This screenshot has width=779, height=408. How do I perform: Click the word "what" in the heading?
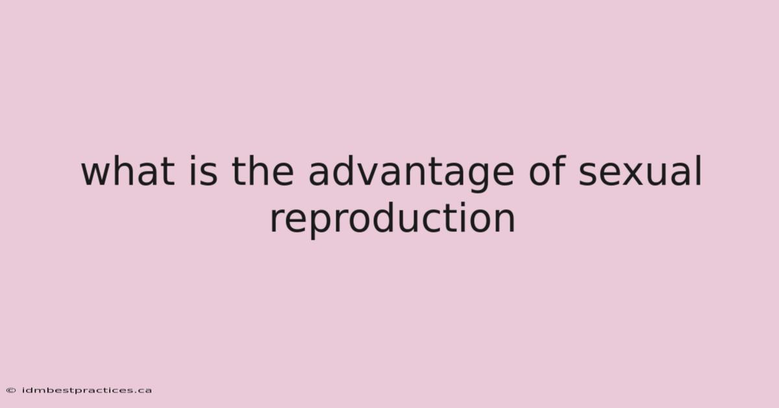pos(128,171)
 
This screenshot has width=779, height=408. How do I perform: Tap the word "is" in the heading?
pos(203,171)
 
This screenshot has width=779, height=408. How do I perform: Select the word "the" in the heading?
pos(263,171)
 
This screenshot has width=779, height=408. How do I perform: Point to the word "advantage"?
pos(411,173)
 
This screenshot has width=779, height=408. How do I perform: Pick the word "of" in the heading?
pos(547,171)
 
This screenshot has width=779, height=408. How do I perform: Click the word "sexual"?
pos(640,171)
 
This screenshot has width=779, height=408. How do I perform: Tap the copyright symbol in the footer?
pos(11,390)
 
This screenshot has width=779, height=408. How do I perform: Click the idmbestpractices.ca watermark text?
pos(87,390)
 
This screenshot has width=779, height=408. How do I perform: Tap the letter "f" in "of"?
pos(558,171)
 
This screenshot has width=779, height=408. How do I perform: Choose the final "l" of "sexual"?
pos(699,171)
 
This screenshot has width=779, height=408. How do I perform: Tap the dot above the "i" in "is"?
pos(192,159)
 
